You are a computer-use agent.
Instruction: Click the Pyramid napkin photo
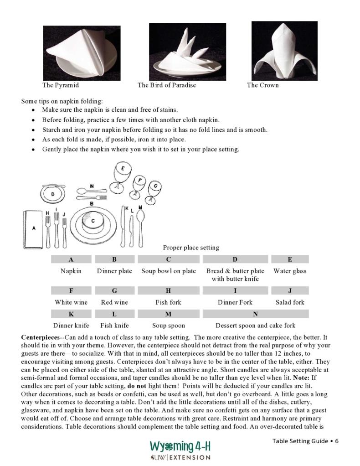82,52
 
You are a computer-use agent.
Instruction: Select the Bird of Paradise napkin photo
187,52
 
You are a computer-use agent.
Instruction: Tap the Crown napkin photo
284,51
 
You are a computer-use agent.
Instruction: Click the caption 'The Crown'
262,85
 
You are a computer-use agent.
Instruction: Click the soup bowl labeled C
93,222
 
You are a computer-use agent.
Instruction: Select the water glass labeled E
123,174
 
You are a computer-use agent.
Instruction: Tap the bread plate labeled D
53,194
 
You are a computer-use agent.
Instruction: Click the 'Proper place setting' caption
191,248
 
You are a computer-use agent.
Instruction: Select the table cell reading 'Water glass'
290,271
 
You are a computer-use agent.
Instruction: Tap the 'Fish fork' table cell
168,302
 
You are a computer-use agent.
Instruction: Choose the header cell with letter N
255,314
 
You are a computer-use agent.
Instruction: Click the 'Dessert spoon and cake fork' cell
255,326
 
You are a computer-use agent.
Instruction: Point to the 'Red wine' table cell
114,302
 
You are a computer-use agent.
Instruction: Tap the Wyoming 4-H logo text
180,446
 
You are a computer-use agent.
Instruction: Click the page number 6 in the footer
336,441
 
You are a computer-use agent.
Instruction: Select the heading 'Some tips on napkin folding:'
62,101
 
